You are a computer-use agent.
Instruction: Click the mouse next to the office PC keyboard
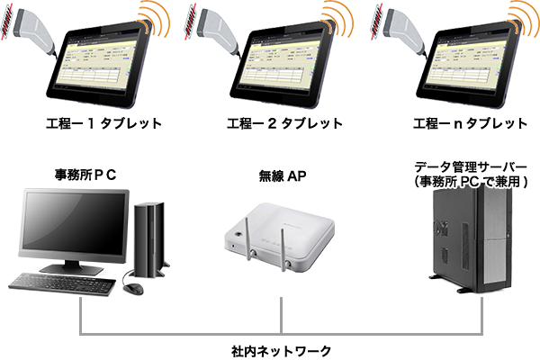pos(132,288)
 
